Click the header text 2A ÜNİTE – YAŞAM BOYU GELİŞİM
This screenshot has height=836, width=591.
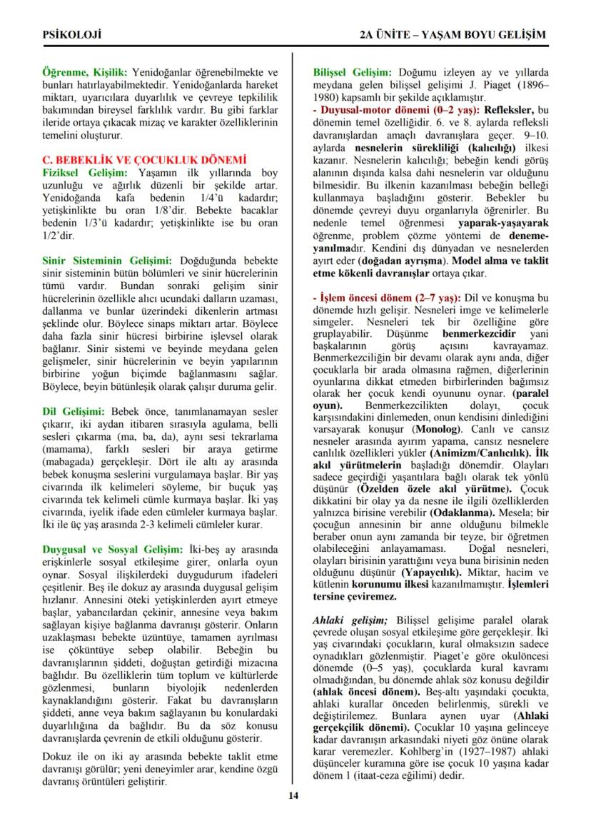coord(453,35)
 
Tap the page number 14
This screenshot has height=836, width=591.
coord(293,796)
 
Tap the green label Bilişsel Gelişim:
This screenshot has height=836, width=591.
coord(353,72)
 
